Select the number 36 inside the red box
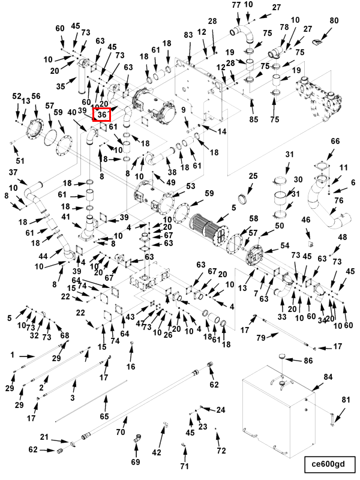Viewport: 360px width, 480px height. tap(102, 115)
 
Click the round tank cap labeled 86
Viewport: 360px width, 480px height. tap(282, 356)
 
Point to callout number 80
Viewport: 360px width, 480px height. tap(334, 20)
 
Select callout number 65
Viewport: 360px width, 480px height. tap(104, 416)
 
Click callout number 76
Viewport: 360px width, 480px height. tap(338, 200)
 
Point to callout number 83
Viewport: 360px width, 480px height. tap(188, 35)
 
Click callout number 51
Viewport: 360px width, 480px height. tap(20, 161)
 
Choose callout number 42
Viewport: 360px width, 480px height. tap(157, 452)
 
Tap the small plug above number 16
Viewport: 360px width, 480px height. tap(133, 343)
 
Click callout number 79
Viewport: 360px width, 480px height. tap(261, 338)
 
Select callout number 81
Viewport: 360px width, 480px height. tap(346, 400)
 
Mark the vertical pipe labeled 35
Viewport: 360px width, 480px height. tap(82, 81)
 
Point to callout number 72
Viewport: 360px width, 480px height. tap(221, 451)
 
